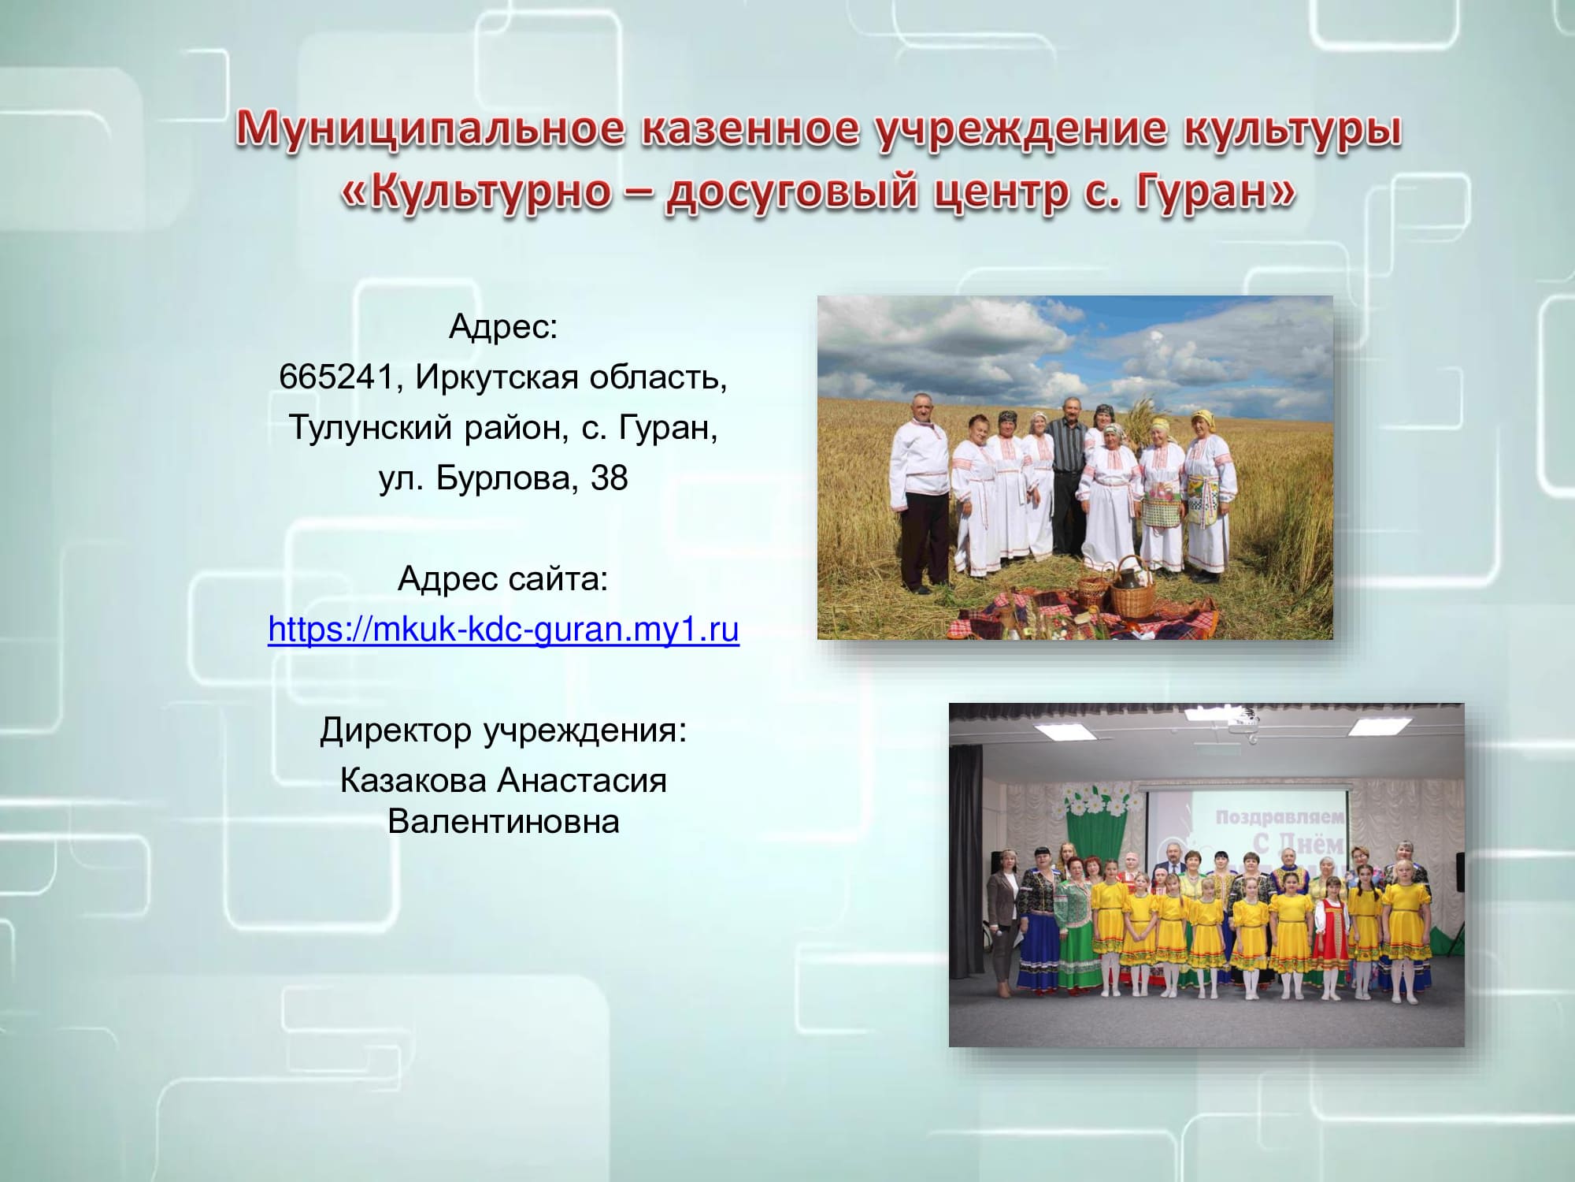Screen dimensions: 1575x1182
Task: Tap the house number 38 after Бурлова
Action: pos(609,478)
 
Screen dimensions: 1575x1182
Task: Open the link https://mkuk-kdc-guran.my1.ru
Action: pos(503,629)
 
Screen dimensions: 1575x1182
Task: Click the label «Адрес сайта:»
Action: pos(503,579)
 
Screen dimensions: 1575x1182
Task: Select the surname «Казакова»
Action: pos(413,780)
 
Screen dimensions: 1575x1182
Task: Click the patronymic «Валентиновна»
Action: pos(503,821)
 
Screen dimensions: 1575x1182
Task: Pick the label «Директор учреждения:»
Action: pos(503,730)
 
